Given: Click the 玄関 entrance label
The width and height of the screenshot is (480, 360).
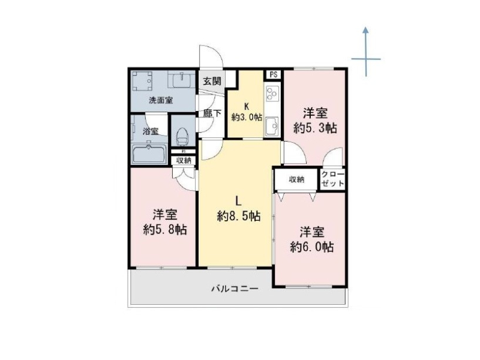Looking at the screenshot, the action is pos(212,82).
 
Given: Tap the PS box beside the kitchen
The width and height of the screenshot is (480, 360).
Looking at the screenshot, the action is pos(274,74).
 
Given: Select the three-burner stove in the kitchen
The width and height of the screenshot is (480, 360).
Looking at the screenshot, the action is pos(272,94).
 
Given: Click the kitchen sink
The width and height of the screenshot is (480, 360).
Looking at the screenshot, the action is pos(272,125).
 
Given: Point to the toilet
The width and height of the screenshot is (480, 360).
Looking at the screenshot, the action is pos(182,137).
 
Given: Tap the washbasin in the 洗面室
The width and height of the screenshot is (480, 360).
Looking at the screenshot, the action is pos(182,80).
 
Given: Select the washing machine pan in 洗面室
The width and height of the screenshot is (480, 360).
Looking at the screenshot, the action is pos(142,81).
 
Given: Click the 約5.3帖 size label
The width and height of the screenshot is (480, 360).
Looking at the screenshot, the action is pos(316,128).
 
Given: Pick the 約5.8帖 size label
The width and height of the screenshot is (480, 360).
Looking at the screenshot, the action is pos(166,229).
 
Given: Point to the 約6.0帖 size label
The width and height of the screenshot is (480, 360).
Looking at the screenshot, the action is pos(312,247).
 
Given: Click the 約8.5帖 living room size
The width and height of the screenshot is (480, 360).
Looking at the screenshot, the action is pos(239,217).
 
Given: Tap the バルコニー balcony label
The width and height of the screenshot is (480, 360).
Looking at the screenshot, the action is pos(235,289).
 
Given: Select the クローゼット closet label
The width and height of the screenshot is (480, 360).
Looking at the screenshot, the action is pos(333,179).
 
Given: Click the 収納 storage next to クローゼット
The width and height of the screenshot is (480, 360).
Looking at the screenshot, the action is pos(296,179).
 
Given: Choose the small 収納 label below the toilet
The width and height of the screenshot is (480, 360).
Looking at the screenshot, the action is pos(184,160).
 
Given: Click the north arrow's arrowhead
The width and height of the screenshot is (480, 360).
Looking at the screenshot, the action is pos(365,29).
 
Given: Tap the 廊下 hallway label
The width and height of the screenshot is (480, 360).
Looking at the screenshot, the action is pos(212,113).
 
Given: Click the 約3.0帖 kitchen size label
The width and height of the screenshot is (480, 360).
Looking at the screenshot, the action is pos(247,117).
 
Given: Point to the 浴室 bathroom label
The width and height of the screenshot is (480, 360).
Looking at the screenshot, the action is pos(151,131).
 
